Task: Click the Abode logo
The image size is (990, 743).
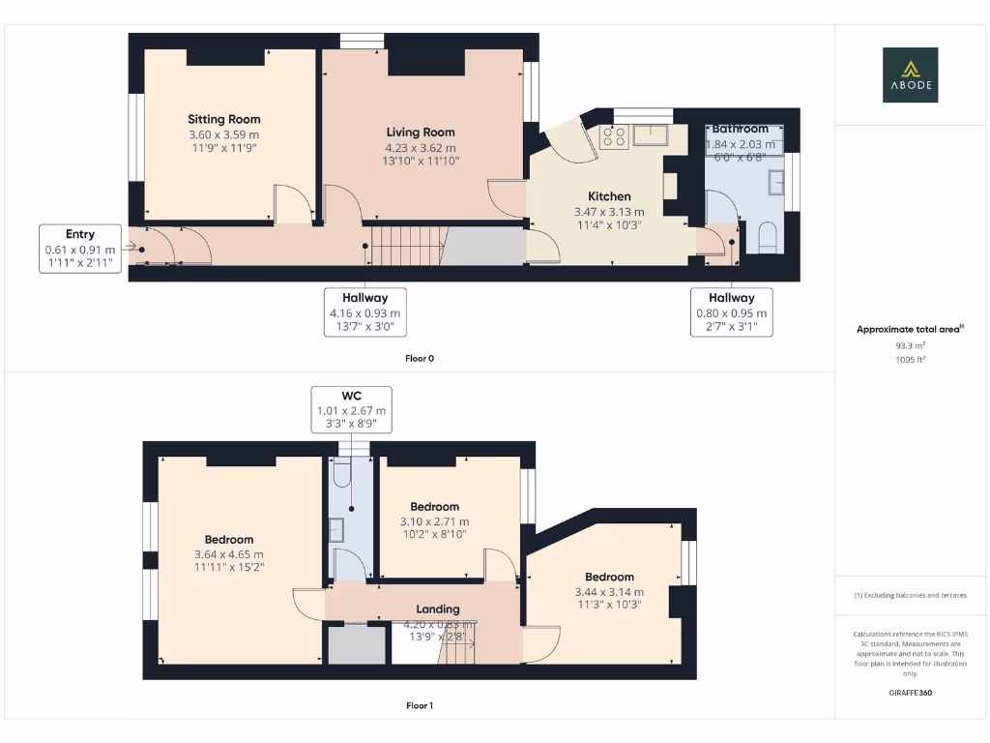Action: (909, 74)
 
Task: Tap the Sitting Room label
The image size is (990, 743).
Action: (224, 120)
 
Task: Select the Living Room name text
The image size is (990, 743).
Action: (421, 133)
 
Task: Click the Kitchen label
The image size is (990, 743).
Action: (609, 196)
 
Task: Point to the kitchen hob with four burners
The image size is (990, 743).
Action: (613, 136)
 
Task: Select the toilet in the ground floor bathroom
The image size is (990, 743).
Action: (770, 237)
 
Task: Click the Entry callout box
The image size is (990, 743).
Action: (80, 249)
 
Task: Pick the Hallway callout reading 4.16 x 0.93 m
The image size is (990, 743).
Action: (364, 312)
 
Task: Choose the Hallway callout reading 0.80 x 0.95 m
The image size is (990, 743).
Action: (731, 312)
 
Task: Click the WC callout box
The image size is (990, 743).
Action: (351, 410)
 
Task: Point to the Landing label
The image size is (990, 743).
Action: (438, 609)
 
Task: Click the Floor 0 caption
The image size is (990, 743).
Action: (419, 358)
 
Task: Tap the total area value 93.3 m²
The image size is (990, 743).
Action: (910, 344)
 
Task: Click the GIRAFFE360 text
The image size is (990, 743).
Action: (910, 693)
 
